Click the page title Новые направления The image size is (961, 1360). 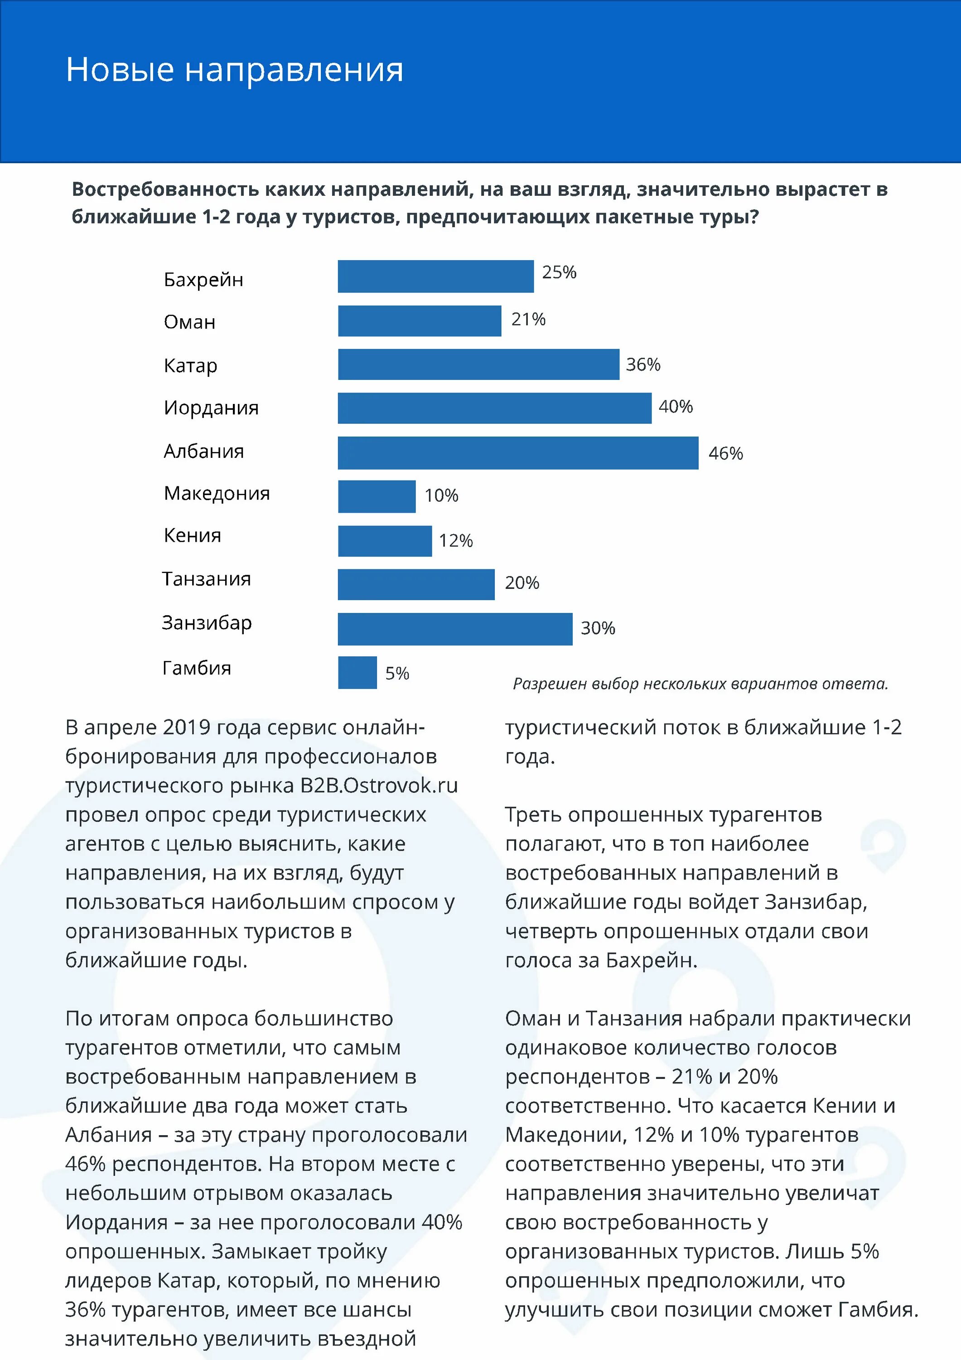click(x=235, y=69)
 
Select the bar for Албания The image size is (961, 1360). click(x=517, y=453)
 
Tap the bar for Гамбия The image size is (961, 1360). click(x=357, y=672)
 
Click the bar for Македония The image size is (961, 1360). click(x=377, y=496)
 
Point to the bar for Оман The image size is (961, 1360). click(x=419, y=321)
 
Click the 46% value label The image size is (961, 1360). click(x=725, y=454)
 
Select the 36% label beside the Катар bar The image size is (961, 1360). click(x=643, y=364)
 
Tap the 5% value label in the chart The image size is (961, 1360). click(x=397, y=674)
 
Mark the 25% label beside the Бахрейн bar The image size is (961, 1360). click(x=559, y=272)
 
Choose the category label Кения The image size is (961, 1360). click(x=193, y=535)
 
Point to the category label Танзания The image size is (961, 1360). click(x=207, y=579)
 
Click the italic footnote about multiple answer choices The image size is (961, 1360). click(x=700, y=684)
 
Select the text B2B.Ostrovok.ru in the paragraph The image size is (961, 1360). click(x=379, y=786)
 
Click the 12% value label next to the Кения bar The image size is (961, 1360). click(x=456, y=541)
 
